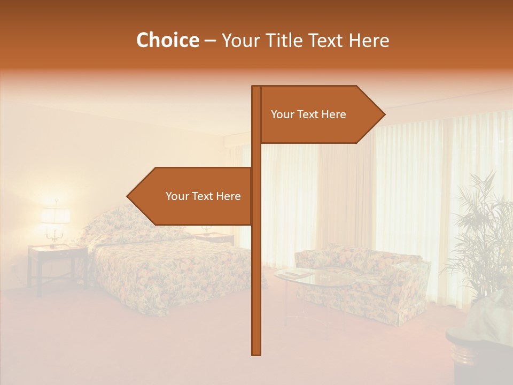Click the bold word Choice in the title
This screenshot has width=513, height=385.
click(167, 41)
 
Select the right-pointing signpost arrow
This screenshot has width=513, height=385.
click(321, 114)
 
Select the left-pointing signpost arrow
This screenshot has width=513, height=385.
click(192, 196)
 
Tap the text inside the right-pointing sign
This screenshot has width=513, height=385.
click(308, 114)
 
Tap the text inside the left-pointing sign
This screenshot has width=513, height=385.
click(203, 196)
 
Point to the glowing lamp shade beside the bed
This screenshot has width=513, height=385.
click(56, 215)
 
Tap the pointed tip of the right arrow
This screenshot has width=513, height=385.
click(384, 114)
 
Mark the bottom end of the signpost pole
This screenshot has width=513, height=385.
click(256, 353)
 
